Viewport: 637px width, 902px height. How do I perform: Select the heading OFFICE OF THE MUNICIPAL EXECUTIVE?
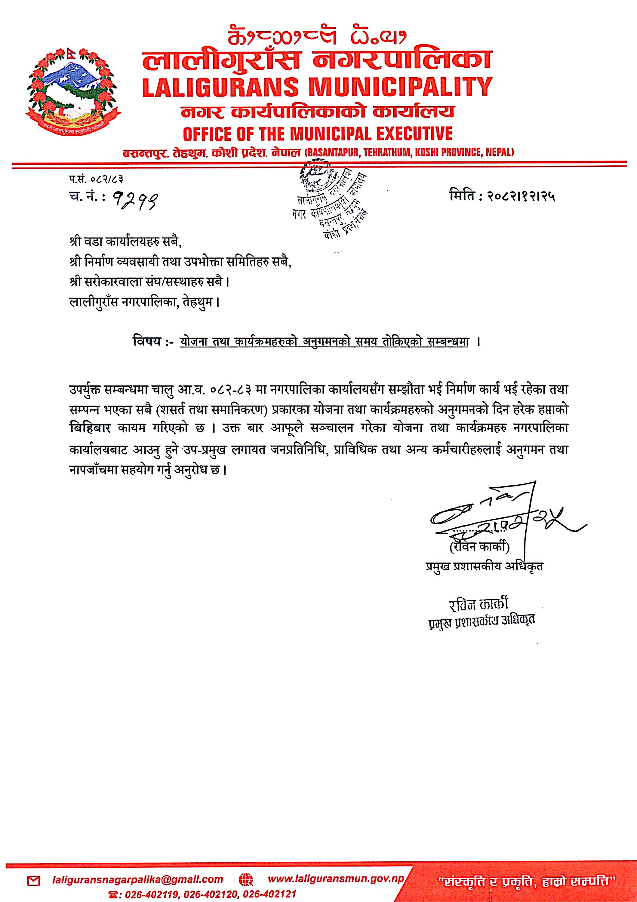318,133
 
